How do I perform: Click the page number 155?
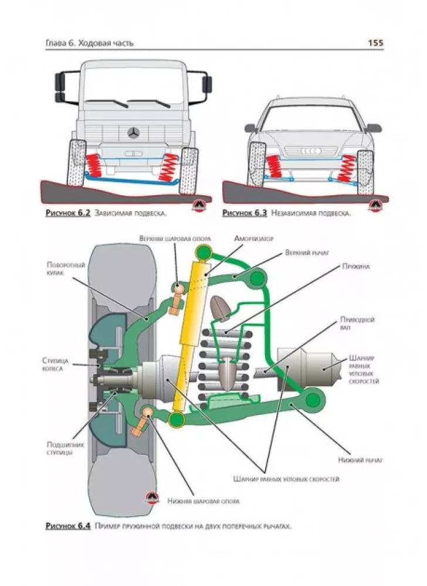tap(375, 43)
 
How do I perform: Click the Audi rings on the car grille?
tap(310, 151)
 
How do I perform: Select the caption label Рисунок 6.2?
tap(67, 213)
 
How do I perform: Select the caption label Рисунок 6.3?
tap(245, 213)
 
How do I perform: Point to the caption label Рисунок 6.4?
tap(67, 526)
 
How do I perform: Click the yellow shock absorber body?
tap(189, 340)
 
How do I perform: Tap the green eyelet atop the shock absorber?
tap(204, 253)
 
